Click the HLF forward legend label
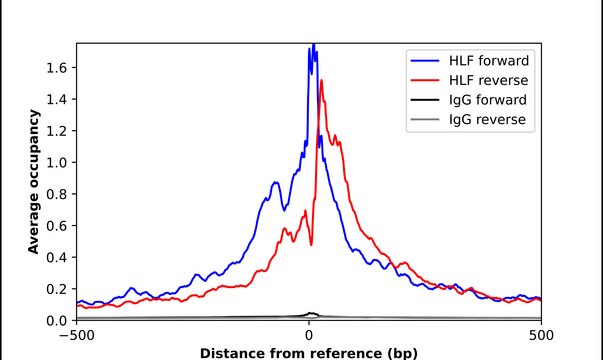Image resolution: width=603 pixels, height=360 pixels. [489, 61]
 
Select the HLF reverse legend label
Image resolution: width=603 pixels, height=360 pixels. [488, 80]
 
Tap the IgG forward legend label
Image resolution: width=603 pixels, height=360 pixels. [488, 100]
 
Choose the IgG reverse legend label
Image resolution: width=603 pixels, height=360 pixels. [487, 120]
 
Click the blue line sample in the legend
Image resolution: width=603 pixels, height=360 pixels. [425, 61]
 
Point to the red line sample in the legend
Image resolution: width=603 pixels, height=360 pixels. [425, 80]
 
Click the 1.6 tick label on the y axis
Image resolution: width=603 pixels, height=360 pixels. [56, 68]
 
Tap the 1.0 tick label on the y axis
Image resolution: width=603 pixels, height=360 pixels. [56, 162]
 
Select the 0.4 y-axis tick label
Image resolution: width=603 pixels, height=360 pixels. [56, 257]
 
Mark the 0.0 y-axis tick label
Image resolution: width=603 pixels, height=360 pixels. [56, 320]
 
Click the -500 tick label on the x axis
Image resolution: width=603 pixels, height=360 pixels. [77, 335]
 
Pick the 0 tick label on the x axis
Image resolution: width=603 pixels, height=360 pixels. [309, 335]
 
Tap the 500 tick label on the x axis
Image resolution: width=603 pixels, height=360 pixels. [541, 335]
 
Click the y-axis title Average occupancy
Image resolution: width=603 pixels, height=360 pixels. [34, 182]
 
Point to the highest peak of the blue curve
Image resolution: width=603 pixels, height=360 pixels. [313, 45]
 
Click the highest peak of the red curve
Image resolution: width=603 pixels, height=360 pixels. [321, 80]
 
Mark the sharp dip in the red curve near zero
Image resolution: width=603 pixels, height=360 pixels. [311, 245]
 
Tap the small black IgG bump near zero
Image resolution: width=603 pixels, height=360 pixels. [311, 314]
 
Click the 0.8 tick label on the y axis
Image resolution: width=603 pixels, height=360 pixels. [56, 194]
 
